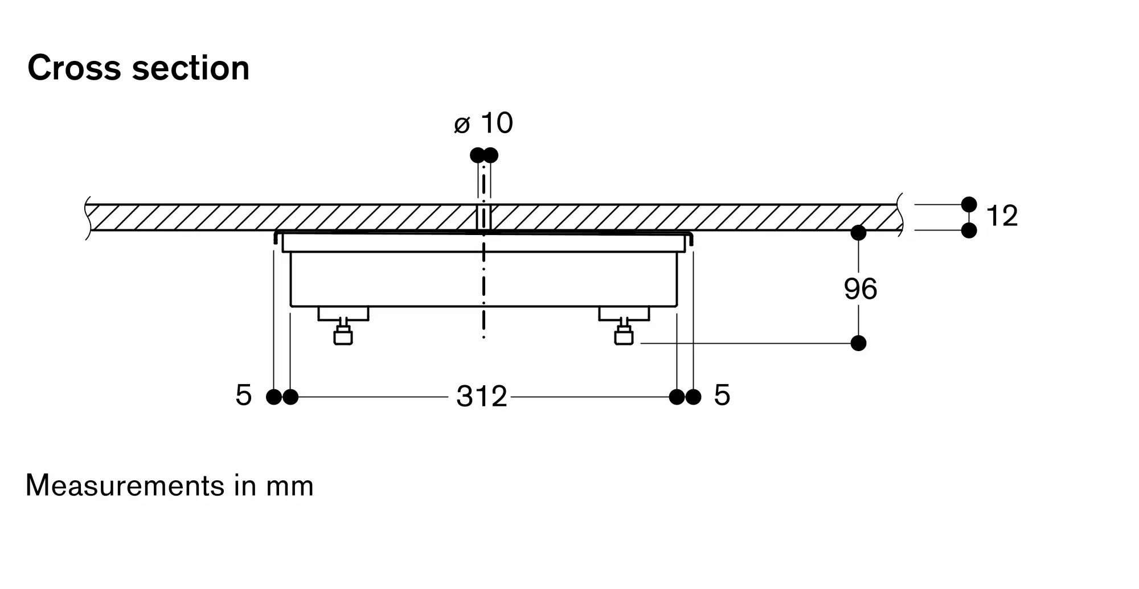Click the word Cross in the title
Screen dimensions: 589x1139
pyautogui.click(x=74, y=68)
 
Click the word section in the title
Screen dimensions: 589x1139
pyautogui.click(x=191, y=68)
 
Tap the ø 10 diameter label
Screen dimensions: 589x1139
pyautogui.click(x=484, y=123)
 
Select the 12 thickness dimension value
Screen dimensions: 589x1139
pyautogui.click(x=1002, y=216)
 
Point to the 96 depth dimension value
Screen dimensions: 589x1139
pyautogui.click(x=860, y=289)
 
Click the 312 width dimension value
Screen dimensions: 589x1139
pyautogui.click(x=481, y=397)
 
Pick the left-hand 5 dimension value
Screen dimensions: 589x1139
pyautogui.click(x=243, y=396)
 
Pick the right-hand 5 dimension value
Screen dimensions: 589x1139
pyautogui.click(x=722, y=396)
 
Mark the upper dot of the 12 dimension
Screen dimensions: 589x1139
pyautogui.click(x=969, y=204)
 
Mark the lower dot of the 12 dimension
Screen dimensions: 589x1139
pyautogui.click(x=969, y=230)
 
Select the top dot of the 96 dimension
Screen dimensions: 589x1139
pyautogui.click(x=858, y=233)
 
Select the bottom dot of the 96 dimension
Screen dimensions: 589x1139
pyautogui.click(x=858, y=343)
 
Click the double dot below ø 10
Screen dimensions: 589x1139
pyautogui.click(x=484, y=155)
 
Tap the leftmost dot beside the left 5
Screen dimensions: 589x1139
pyautogui.click(x=274, y=397)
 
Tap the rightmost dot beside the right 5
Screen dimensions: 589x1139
pyautogui.click(x=693, y=397)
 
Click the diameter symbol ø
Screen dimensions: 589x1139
pyautogui.click(x=462, y=125)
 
